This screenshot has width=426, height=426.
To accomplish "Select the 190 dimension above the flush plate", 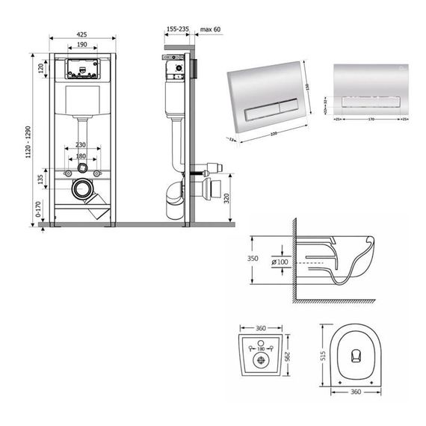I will click(82, 46).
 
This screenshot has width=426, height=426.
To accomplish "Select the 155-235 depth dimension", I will click(177, 29).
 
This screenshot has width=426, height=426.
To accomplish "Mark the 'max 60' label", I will click(212, 29).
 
